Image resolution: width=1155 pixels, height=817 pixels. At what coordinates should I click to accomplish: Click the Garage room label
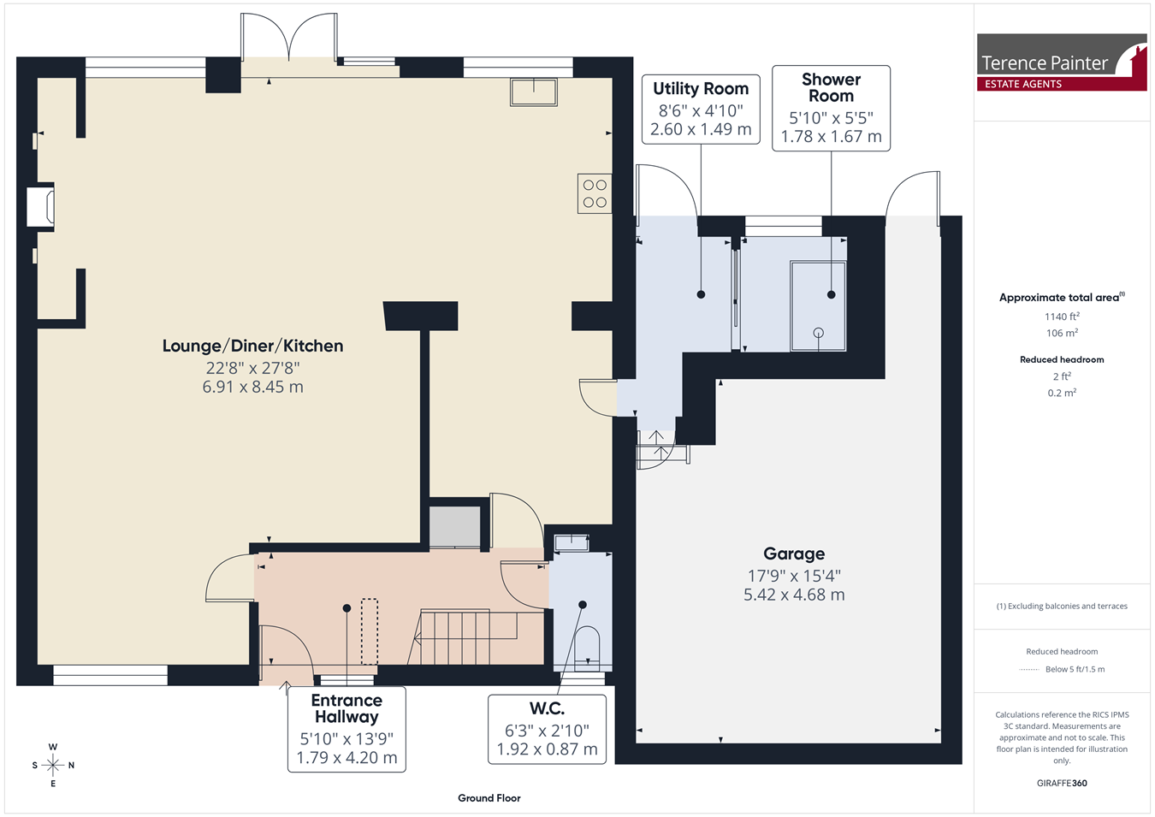[794, 554]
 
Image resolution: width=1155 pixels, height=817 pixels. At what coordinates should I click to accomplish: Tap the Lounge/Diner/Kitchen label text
[252, 346]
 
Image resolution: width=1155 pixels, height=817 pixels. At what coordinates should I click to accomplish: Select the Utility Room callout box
[701, 110]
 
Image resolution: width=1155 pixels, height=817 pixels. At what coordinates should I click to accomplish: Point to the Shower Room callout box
[831, 109]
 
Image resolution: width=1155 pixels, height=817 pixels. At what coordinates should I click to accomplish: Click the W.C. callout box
[547, 729]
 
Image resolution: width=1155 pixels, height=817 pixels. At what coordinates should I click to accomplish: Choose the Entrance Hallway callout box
[346, 729]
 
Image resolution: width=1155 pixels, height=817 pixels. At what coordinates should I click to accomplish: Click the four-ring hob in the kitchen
[595, 193]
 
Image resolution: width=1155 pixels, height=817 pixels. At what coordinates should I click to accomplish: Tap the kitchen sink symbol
[534, 92]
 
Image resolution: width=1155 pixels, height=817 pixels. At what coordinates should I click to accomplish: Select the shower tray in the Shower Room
[818, 306]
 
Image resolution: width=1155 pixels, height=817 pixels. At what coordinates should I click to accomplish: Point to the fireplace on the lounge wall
[41, 207]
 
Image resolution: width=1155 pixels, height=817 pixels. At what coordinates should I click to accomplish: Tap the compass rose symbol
[52, 765]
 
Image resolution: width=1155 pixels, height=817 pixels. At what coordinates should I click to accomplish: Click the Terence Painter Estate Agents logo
[1062, 62]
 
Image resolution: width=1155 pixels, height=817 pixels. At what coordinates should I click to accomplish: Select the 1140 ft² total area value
[1062, 317]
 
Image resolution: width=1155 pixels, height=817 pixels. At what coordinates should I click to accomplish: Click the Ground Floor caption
[489, 798]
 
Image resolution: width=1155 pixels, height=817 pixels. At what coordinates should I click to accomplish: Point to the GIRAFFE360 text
[1062, 783]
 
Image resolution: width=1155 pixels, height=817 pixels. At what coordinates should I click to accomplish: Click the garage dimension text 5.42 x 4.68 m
[794, 595]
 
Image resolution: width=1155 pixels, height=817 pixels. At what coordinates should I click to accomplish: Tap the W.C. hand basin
[572, 542]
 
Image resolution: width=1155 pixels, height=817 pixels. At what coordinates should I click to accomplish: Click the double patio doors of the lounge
[289, 44]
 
